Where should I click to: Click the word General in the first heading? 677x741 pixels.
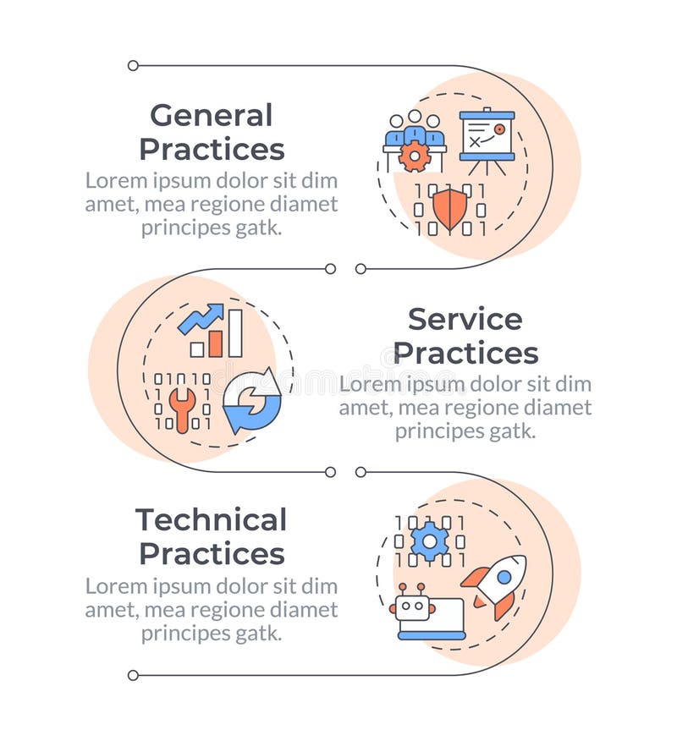pos(212,115)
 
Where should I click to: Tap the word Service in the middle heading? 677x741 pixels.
pos(465,319)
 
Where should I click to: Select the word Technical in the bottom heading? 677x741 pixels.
pos(212,519)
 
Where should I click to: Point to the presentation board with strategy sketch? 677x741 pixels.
pos(487,135)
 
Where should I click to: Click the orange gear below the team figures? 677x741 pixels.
pos(415,156)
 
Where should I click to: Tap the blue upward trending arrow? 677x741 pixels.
pos(201,318)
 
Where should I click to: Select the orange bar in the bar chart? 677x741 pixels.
pos(216,343)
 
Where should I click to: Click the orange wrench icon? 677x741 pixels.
pos(181,409)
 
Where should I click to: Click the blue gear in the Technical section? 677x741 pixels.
pos(429,541)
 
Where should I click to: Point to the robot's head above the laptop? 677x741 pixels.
pos(414,607)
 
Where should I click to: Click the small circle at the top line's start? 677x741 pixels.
pos(133,65)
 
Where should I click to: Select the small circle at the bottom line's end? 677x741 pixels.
pos(133,675)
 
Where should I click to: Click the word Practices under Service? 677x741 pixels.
pos(465,353)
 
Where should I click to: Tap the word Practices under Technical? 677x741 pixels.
pos(212,554)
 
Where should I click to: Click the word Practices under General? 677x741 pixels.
pos(212,149)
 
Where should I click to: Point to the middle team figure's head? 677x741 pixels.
pos(415,117)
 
